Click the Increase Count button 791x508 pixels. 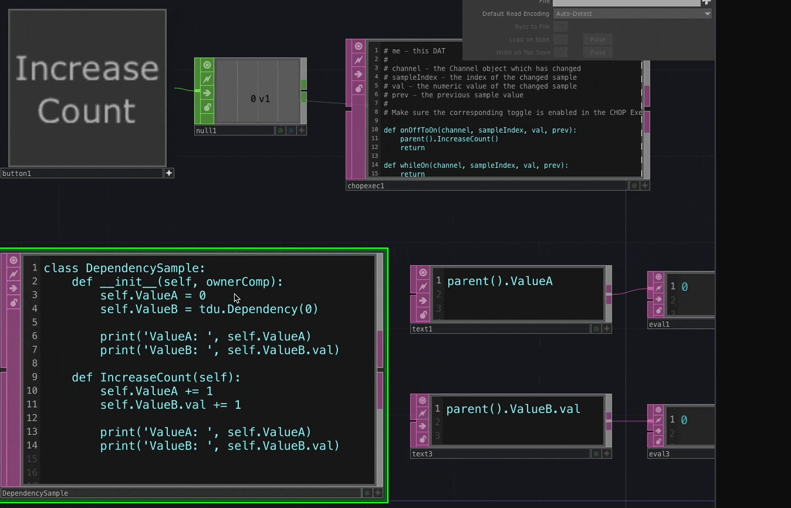pos(87,88)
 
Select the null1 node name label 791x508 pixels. pos(206,131)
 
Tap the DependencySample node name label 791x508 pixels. pos(35,493)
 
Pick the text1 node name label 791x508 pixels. pos(422,329)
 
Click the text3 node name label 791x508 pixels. pos(422,454)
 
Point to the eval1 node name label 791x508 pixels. pos(659,324)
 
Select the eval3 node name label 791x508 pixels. pos(659,454)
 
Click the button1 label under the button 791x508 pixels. pos(16,174)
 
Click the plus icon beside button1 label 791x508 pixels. pos(169,173)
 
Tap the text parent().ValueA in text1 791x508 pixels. pos(499,282)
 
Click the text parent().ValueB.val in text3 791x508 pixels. pos(513,409)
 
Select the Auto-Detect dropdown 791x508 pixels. pos(633,13)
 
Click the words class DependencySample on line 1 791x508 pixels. pos(124,269)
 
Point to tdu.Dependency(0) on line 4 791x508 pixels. pos(258,309)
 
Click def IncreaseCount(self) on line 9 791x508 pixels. pos(156,378)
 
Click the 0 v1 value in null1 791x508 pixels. pos(260,99)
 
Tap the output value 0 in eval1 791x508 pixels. pos(684,287)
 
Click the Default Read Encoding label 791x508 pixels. pos(515,13)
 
